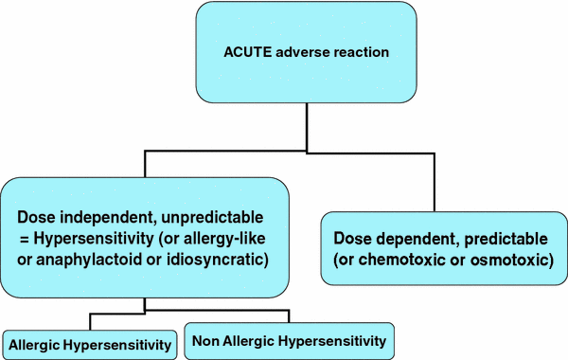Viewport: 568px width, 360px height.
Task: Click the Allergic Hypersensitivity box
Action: (x=89, y=342)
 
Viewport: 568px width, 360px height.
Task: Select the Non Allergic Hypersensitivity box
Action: (x=289, y=339)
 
